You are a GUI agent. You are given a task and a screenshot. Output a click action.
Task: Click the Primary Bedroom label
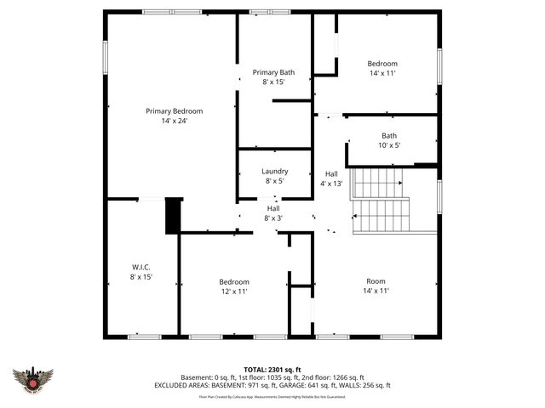coord(174,110)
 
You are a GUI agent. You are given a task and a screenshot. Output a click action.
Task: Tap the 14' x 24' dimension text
coord(174,121)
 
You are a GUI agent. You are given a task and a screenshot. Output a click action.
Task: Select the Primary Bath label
coord(273,72)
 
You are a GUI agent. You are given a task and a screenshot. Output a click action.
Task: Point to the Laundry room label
coord(274,171)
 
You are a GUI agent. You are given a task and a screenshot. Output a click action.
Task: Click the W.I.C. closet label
coord(141,267)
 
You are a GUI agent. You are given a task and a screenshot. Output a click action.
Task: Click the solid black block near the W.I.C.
coord(174,215)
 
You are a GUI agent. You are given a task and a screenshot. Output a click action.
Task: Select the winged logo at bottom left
coord(33,379)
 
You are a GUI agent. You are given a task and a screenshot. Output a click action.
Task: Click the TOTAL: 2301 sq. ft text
coord(272,369)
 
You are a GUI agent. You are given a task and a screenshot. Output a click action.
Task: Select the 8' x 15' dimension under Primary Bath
coord(273,82)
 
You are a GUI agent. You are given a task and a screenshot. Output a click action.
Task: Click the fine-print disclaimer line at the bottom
coord(272,396)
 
